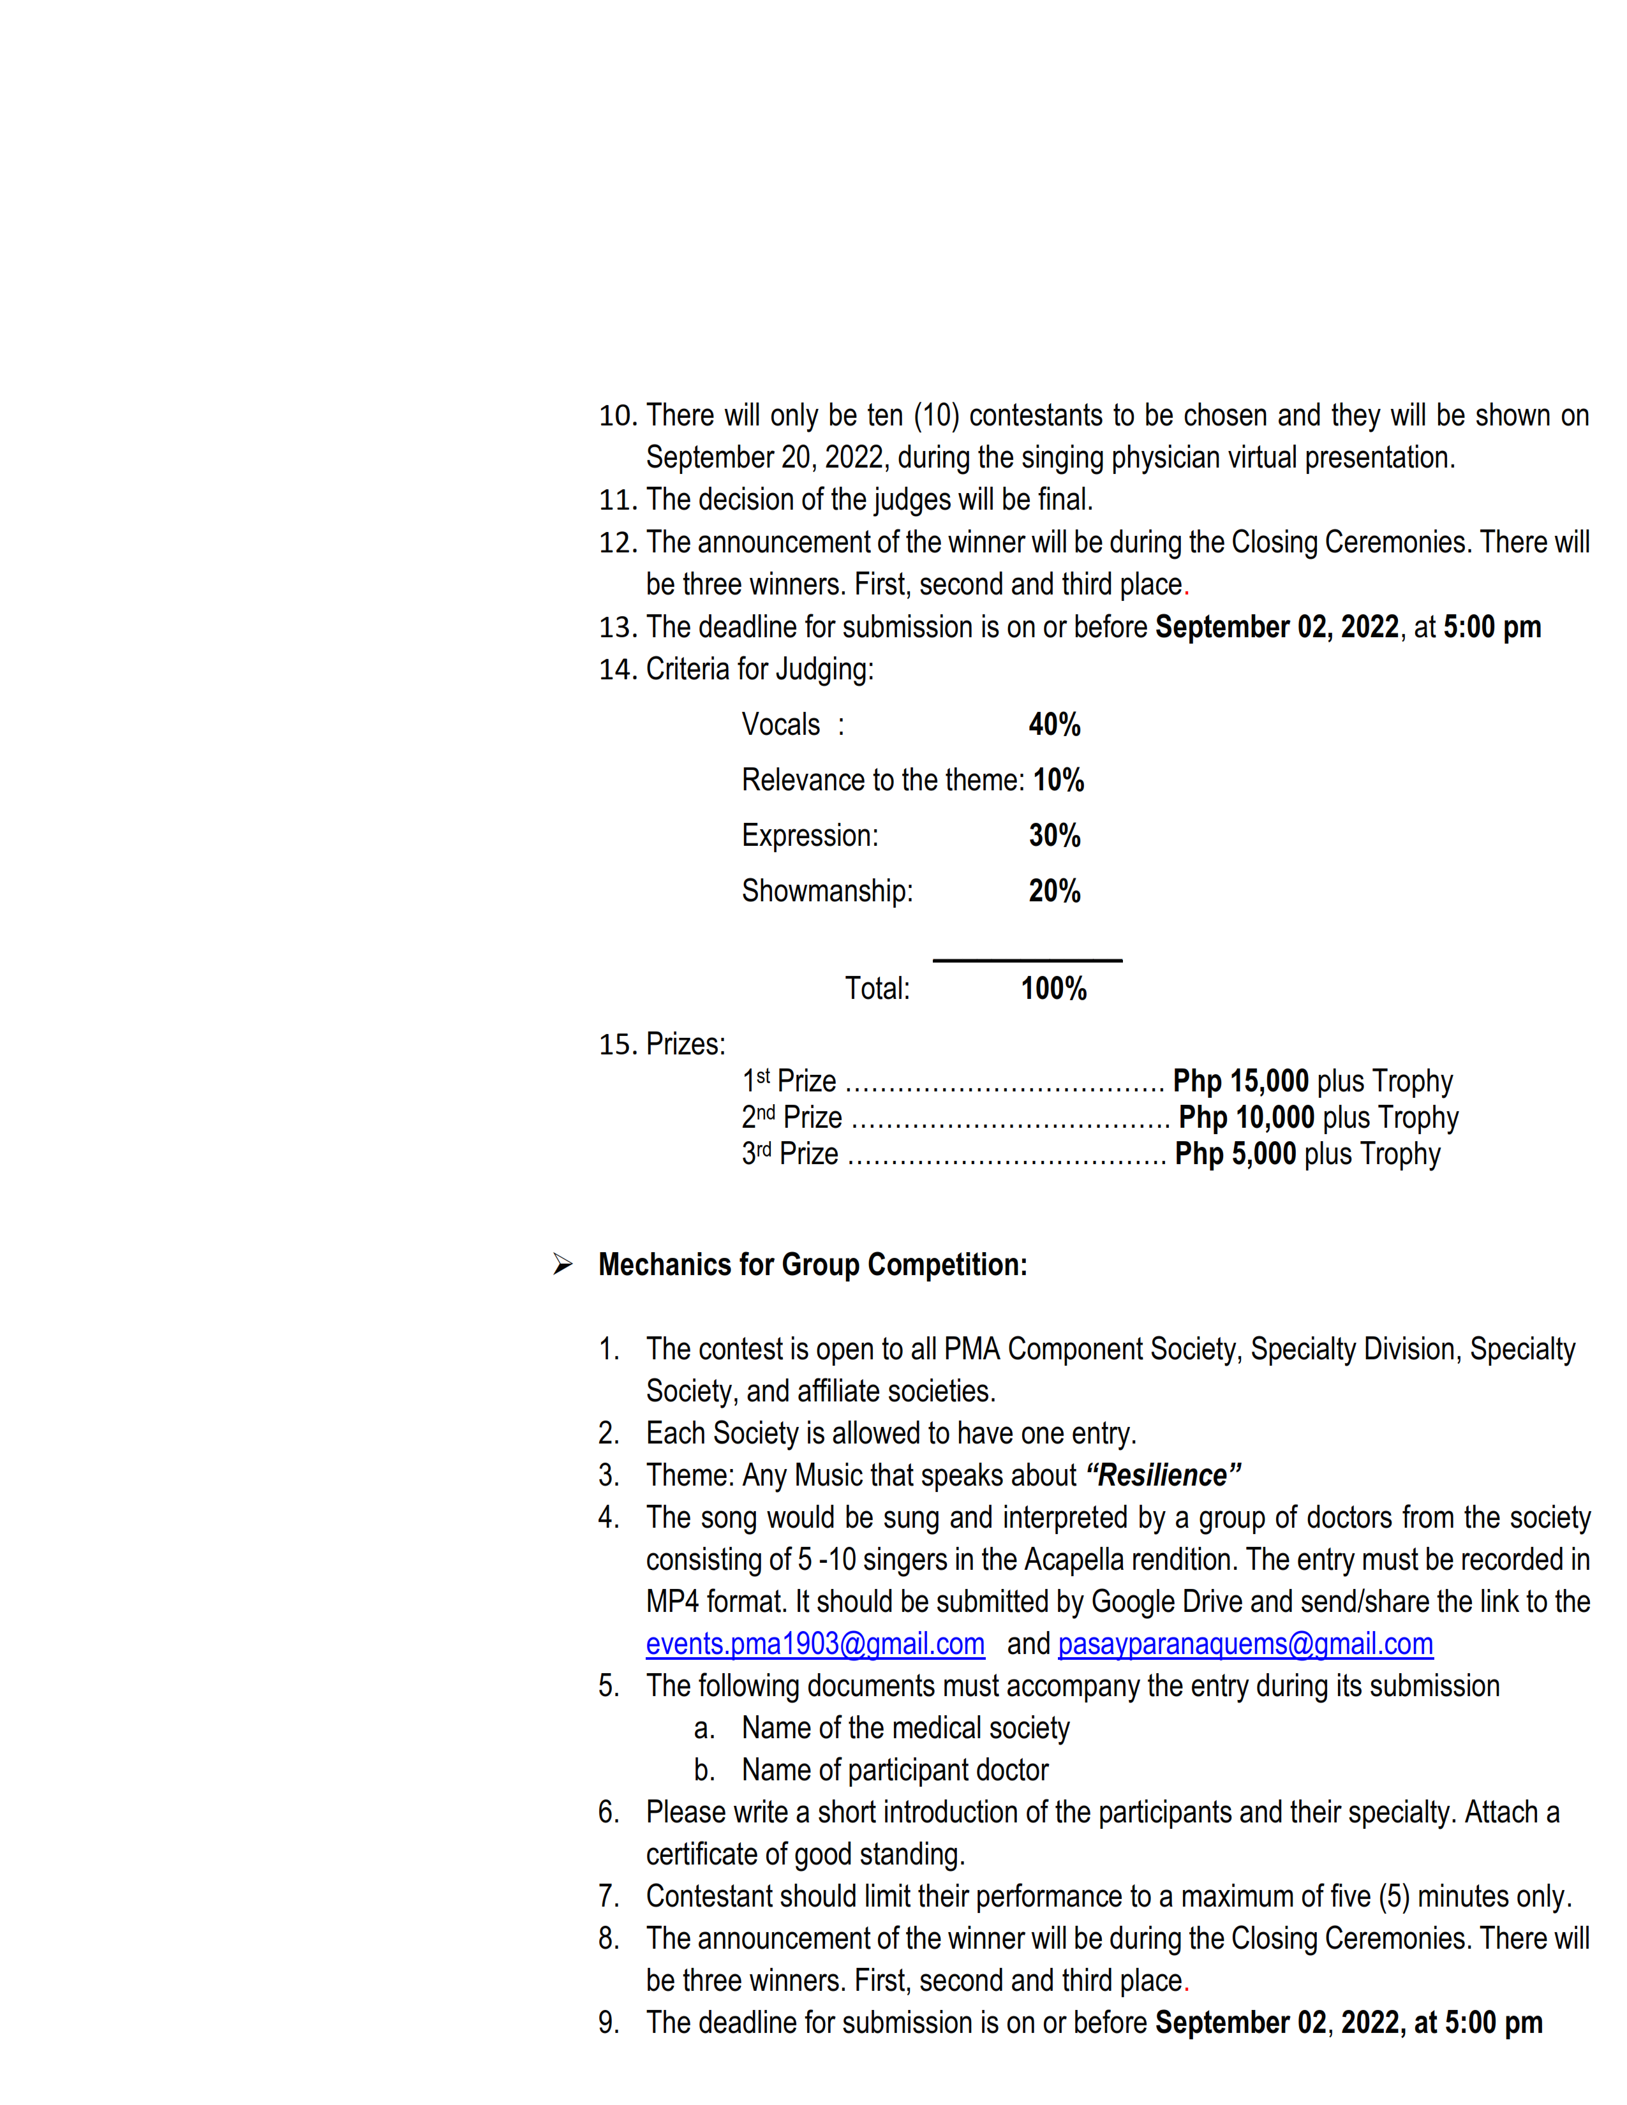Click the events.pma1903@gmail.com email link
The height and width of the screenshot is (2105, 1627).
815,1643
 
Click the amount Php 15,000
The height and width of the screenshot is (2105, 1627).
1240,1081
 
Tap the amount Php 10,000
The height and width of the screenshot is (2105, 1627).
1245,1117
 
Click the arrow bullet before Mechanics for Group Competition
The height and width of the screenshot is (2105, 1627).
562,1264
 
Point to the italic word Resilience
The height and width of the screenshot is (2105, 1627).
1163,1475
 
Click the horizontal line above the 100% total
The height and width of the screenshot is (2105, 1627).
1027,960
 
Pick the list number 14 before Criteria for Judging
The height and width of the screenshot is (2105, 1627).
617,669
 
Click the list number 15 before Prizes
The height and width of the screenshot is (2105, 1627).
617,1044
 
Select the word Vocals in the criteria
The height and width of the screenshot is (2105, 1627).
780,725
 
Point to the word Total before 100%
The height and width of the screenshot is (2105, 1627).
876,988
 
